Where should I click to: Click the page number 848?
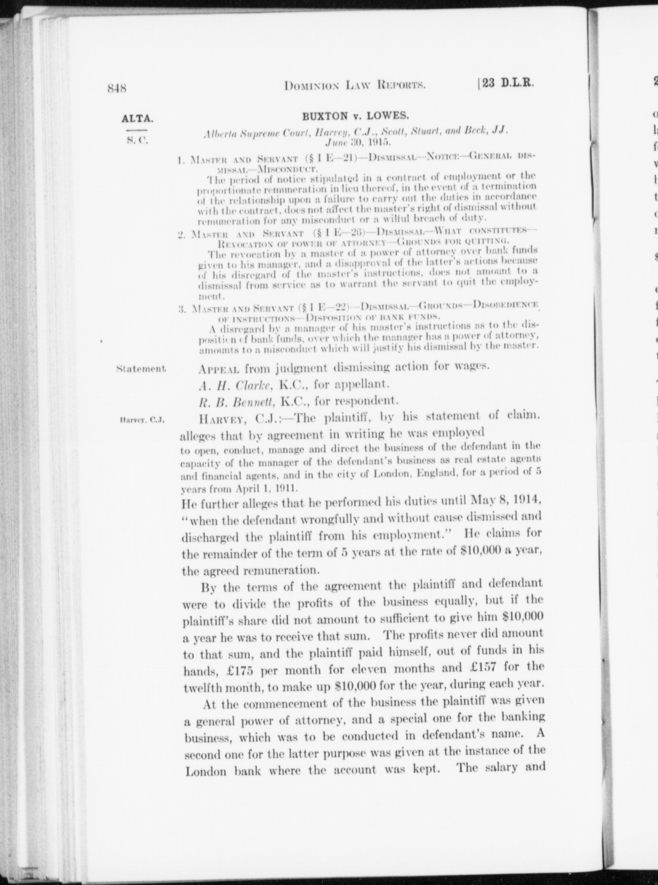117,89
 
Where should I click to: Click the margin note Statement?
141,368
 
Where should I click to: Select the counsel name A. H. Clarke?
236,385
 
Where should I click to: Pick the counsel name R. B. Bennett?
238,401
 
